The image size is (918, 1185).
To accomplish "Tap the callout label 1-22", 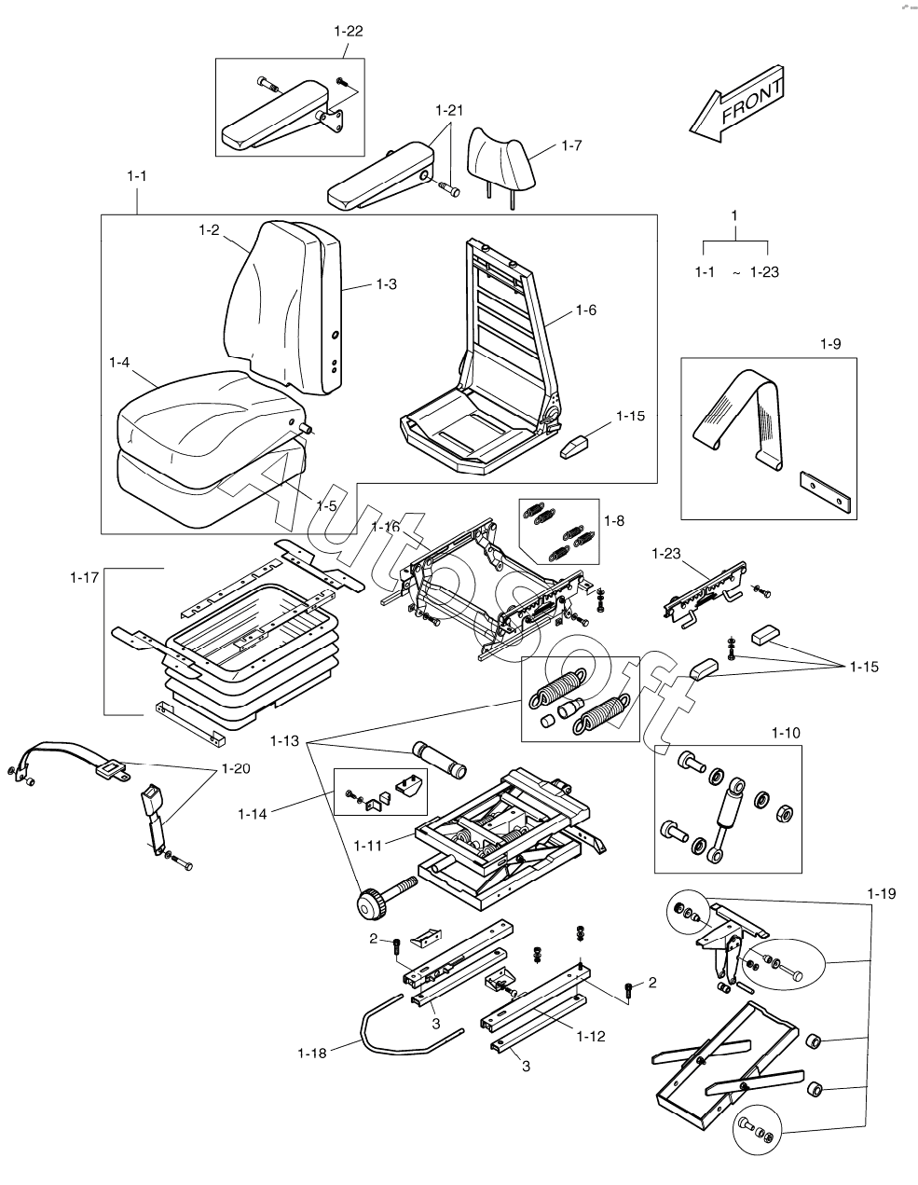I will pyautogui.click(x=348, y=31).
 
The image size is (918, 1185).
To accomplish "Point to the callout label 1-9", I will pyautogui.click(x=830, y=345).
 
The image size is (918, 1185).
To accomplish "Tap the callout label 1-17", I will pyautogui.click(x=84, y=579).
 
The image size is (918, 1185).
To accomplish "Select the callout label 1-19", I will pyautogui.click(x=881, y=893).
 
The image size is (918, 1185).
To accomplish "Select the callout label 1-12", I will pyautogui.click(x=592, y=1036).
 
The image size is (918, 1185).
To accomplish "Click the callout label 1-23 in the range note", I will pyautogui.click(x=765, y=272).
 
